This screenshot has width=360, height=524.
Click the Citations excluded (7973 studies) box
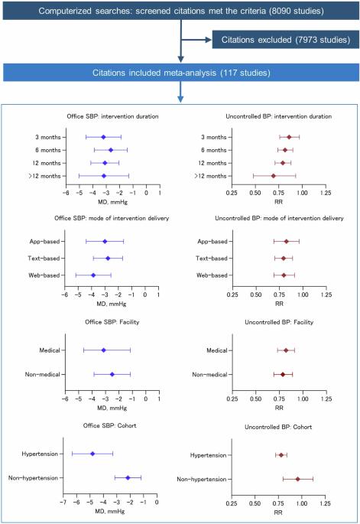point(286,40)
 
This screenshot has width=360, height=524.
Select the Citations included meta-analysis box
point(181,73)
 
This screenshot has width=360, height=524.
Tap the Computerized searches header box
point(181,11)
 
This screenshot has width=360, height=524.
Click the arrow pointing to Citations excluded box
point(196,40)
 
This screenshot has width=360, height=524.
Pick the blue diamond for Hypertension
point(92,454)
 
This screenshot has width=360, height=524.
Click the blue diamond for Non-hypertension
point(128,478)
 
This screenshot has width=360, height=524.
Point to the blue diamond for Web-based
point(93,275)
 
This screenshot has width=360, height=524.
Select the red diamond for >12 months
point(273,176)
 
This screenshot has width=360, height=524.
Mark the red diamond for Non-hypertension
point(297,479)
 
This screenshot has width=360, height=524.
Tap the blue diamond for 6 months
point(111,150)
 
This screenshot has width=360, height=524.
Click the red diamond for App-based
point(286,241)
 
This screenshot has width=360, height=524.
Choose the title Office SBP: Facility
point(112,322)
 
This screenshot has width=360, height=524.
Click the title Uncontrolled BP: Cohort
point(278,427)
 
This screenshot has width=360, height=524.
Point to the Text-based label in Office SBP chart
point(44,259)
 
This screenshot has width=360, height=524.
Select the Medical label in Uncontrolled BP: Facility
point(217,350)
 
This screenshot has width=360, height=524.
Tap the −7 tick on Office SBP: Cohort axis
point(63,503)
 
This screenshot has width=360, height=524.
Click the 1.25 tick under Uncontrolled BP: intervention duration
point(326,193)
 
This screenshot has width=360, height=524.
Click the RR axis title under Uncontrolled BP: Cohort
point(278,513)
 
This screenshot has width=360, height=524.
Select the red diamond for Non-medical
point(283,375)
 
